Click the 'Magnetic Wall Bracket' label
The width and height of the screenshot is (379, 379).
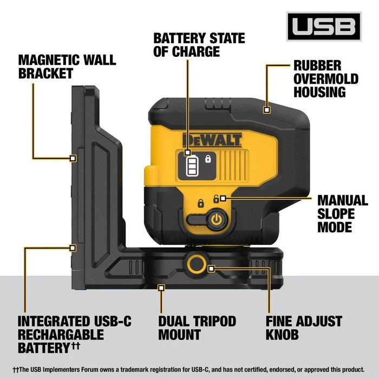pyautogui.click(x=67, y=67)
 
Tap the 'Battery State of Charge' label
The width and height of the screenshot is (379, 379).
pyautogui.click(x=199, y=45)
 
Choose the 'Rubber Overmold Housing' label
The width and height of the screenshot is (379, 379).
pyautogui.click(x=326, y=79)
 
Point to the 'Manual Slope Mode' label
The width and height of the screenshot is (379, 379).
pyautogui.click(x=342, y=213)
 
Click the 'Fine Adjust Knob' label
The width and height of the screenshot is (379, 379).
pyautogui.click(x=303, y=328)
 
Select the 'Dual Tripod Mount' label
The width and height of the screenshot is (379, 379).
pyautogui.click(x=197, y=328)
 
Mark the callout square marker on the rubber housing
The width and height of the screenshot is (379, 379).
pyautogui.click(x=266, y=110)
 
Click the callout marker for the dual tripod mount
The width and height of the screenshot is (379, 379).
pyautogui.click(x=161, y=288)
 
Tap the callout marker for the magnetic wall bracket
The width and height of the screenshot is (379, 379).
pyautogui.click(x=73, y=158)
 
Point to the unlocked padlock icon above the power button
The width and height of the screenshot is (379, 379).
pyautogui.click(x=216, y=199)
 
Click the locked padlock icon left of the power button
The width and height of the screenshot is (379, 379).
pyautogui.click(x=200, y=204)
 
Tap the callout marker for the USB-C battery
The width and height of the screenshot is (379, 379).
pyautogui.click(x=73, y=247)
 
